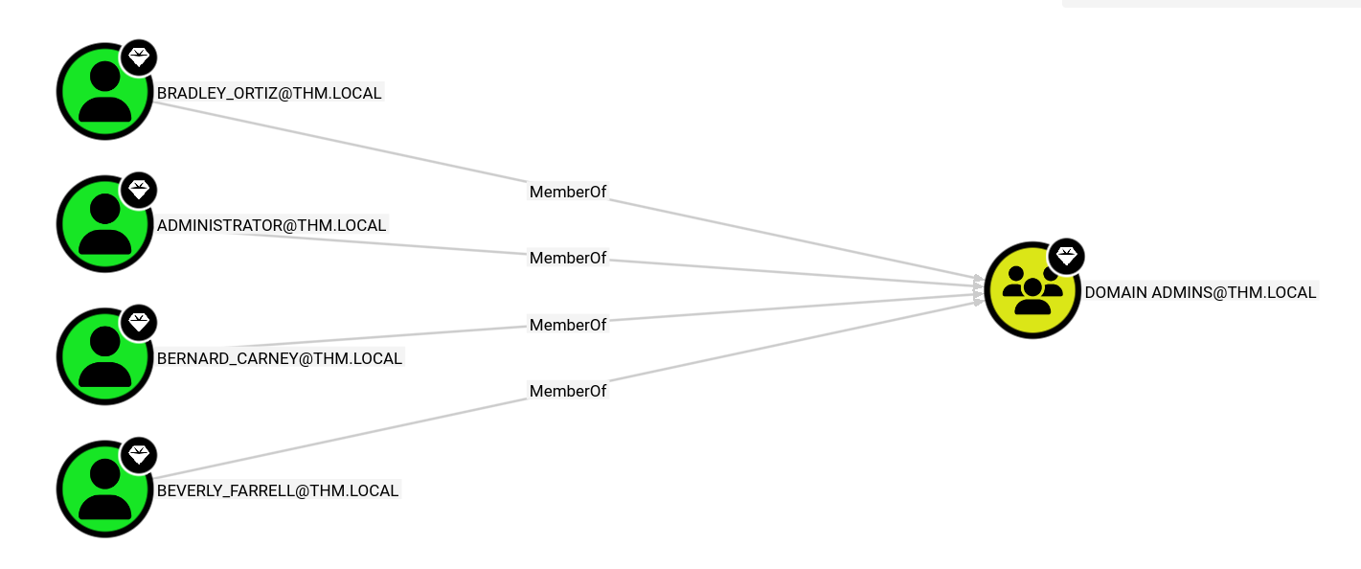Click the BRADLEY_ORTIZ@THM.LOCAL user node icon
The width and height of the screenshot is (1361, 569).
(103, 92)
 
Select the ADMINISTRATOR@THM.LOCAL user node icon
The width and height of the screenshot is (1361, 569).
(103, 224)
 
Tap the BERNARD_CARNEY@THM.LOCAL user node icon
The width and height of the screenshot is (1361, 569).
(103, 356)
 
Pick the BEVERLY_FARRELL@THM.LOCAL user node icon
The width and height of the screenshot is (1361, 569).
(103, 489)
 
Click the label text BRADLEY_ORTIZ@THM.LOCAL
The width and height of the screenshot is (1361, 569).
(269, 93)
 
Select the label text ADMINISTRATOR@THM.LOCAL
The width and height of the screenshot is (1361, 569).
(271, 226)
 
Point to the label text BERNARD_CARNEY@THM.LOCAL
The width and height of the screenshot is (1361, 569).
(280, 358)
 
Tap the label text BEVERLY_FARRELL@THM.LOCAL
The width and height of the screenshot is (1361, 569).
(278, 491)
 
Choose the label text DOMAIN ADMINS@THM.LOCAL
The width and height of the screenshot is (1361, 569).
(1200, 292)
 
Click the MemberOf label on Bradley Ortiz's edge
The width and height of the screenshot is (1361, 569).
(568, 192)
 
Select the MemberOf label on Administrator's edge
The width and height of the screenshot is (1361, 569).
(568, 258)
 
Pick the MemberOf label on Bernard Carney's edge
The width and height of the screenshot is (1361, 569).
(568, 325)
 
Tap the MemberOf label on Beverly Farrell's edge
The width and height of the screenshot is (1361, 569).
(568, 391)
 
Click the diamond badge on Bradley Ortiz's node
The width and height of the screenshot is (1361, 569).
(139, 57)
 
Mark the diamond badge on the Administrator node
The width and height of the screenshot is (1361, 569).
(139, 190)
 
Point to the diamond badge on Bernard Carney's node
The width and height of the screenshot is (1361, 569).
(139, 322)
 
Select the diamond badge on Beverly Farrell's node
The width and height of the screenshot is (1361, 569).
(139, 455)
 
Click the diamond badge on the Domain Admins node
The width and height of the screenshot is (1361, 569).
(1067, 256)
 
